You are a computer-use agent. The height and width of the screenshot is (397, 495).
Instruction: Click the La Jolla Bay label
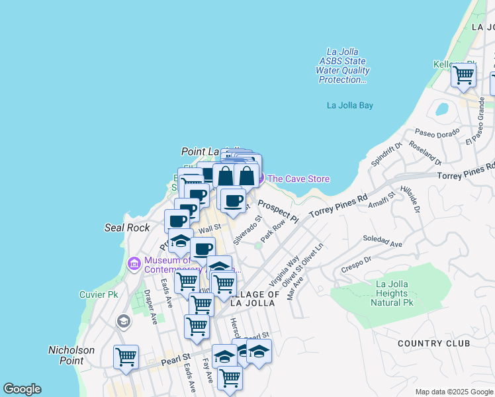[350, 105]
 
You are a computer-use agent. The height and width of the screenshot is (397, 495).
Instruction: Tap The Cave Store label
[298, 179]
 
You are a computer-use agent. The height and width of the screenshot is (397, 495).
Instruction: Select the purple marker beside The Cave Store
[258, 178]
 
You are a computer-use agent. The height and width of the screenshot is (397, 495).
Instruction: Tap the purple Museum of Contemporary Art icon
[134, 264]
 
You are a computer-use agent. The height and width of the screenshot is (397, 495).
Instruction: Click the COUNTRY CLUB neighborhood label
[434, 343]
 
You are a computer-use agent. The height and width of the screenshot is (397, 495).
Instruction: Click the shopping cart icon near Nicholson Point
[126, 357]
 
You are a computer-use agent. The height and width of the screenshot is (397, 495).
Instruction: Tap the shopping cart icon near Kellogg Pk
[463, 75]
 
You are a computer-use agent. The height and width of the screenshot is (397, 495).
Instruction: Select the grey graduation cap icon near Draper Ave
[123, 322]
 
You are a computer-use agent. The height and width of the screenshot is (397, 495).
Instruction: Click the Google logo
[22, 389]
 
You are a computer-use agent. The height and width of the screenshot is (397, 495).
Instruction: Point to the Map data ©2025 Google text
[454, 392]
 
